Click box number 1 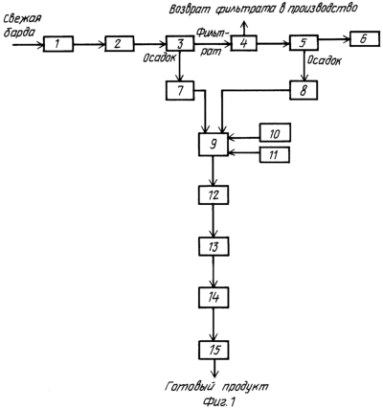(58, 44)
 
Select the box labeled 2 (120, 44)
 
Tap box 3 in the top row (180, 43)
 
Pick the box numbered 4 (244, 43)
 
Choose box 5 (304, 43)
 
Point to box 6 (365, 38)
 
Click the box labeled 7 (180, 90)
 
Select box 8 (304, 90)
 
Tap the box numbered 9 (214, 144)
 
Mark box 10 (275, 132)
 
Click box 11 (275, 155)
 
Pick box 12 (214, 194)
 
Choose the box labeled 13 (214, 246)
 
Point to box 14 (214, 298)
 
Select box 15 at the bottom (214, 350)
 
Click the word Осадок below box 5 (324, 60)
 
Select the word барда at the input (18, 33)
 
